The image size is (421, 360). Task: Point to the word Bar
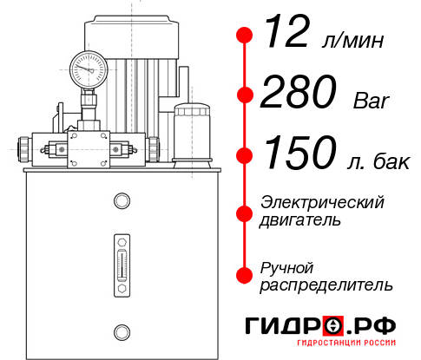pyautogui.click(x=372, y=101)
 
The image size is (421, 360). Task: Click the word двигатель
pyautogui.click(x=300, y=220)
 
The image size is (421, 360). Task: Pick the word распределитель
pyautogui.click(x=326, y=285)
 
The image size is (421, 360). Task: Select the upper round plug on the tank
pyautogui.click(x=121, y=201)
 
